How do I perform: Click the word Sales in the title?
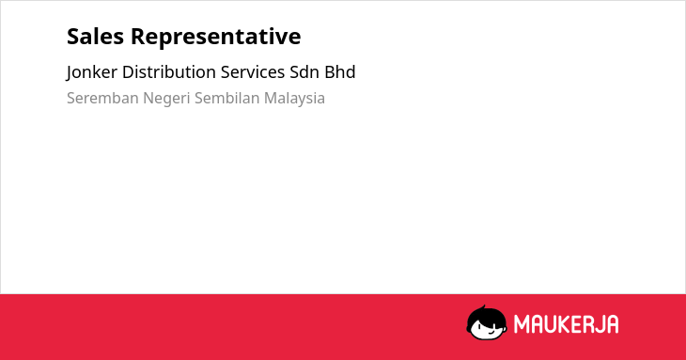pos(95,36)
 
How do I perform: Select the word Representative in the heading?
pos(216,38)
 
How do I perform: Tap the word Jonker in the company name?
pos(91,72)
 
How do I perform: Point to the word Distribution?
pos(169,72)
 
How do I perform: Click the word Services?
pos(253,72)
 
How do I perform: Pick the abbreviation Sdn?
pos(304,72)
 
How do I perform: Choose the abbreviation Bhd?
pos(340,72)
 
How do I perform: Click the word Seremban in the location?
pos(102,98)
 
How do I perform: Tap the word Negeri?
pos(166,99)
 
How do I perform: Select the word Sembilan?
pos(227,98)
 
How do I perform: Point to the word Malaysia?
pos(294,99)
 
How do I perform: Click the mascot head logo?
pos(487,322)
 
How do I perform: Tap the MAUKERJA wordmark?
pos(566,324)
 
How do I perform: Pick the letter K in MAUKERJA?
pos(564,324)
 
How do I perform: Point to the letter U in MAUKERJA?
pos(549,324)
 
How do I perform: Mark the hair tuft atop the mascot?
pos(483,307)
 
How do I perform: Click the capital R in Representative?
pos(138,36)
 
